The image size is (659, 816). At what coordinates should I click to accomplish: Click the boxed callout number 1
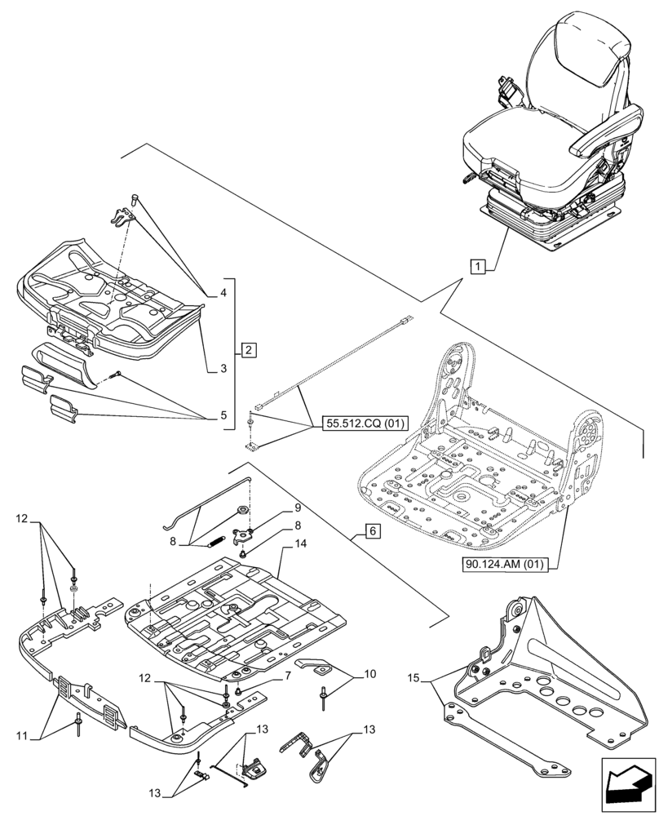478,266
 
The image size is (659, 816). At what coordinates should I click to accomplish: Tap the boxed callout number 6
371,530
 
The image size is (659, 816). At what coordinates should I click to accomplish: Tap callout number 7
288,676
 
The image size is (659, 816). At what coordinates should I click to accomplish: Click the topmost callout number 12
22,518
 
